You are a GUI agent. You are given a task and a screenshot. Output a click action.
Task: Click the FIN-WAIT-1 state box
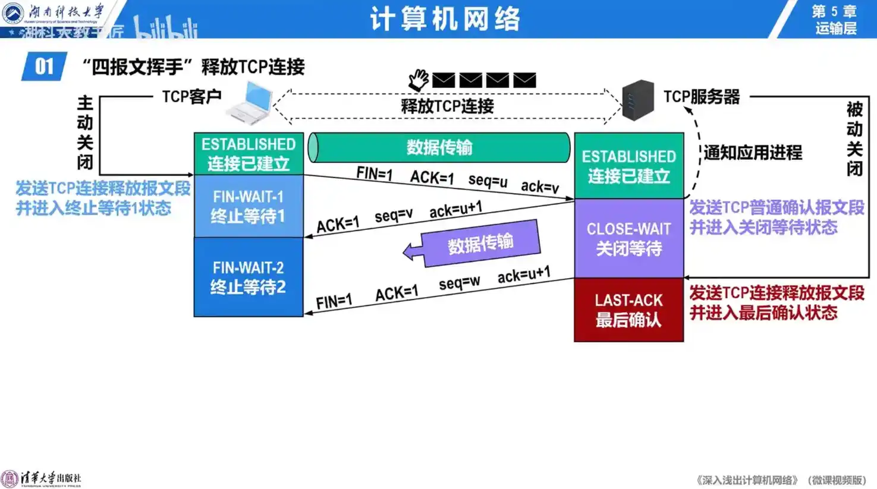pos(249,206)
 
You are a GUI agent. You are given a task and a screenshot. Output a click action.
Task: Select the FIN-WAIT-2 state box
pos(249,277)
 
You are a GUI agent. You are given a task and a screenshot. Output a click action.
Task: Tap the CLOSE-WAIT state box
pos(628,238)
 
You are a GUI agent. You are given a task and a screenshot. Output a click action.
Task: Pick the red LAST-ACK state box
pos(628,310)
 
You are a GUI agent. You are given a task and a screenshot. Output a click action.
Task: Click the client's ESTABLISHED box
pos(249,153)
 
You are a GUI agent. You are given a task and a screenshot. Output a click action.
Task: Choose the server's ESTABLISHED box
pos(628,166)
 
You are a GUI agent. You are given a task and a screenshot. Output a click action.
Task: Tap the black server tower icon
pos(637,100)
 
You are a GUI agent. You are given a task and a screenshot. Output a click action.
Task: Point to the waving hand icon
pos(419,80)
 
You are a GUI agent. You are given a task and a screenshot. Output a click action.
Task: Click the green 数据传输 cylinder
pos(439,147)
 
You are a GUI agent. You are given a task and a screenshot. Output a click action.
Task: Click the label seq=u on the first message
pos(488,181)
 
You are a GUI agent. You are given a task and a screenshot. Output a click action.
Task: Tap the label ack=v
pos(540,187)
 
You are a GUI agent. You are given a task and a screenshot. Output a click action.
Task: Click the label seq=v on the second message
pos(394,215)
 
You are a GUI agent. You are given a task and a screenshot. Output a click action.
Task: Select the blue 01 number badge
pos(43,67)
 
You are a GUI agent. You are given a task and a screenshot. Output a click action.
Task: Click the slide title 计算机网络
pos(445,19)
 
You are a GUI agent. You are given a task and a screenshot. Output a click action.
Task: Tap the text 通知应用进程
pos(753,153)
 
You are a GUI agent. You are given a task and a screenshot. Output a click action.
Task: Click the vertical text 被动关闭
pos(854,138)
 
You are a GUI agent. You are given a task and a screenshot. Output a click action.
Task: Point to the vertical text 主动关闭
pos(85,132)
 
